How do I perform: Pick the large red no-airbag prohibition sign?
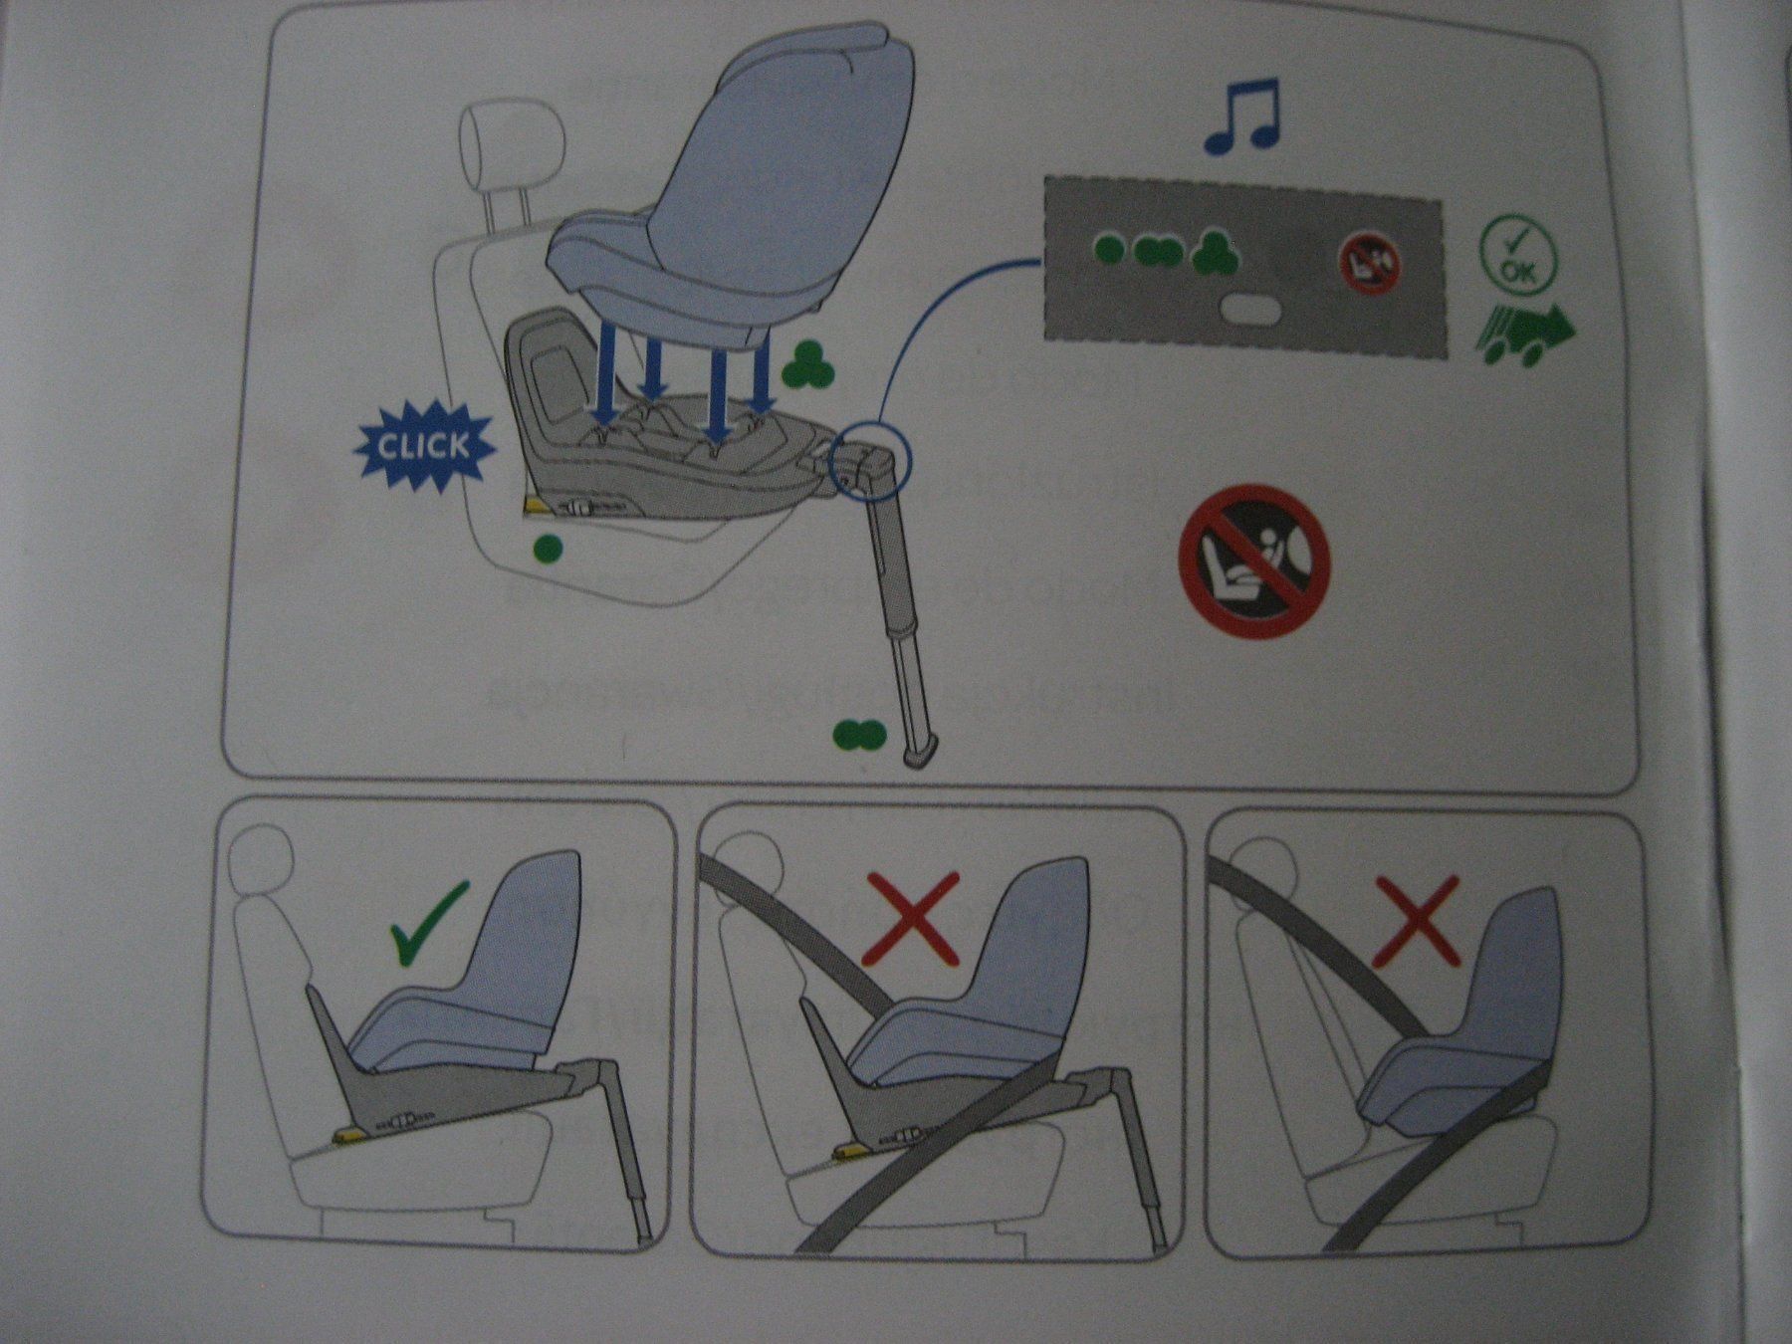coord(1254,560)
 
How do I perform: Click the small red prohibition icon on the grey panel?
coord(1370,263)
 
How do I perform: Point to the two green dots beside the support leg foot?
coord(859,735)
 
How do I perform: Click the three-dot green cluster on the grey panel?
coord(1215,253)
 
